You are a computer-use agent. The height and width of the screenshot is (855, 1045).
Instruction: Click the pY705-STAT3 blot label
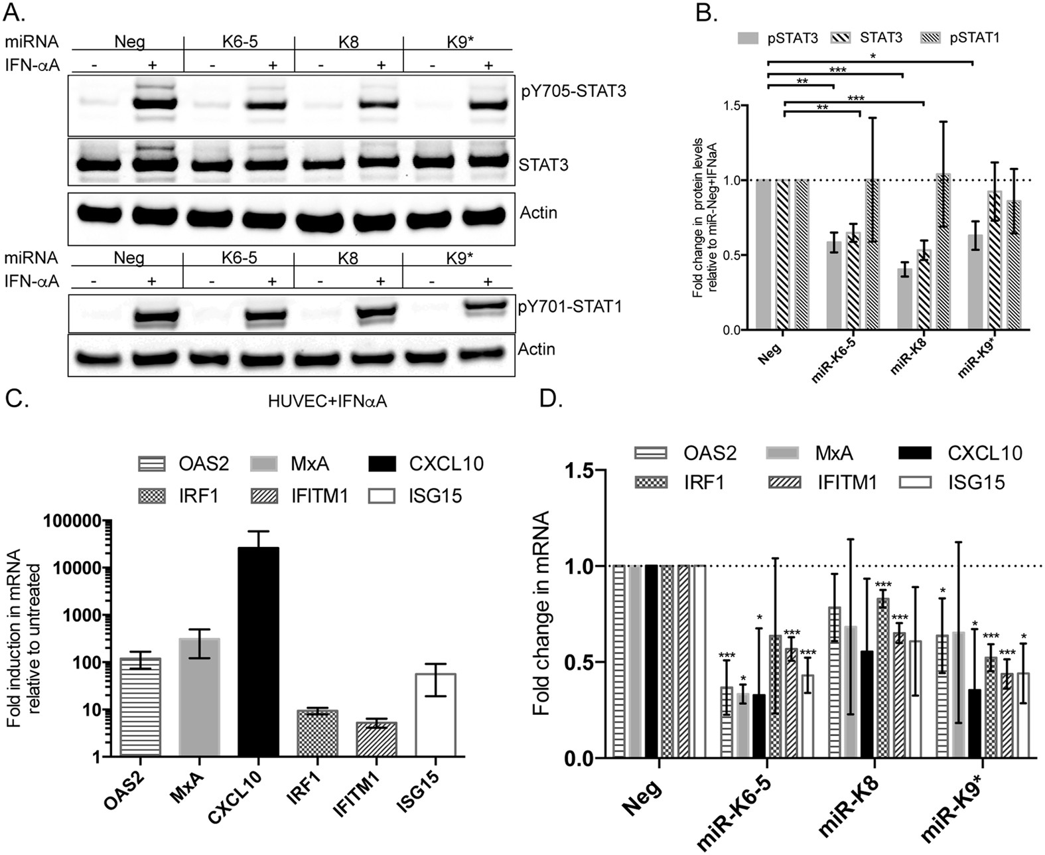573,91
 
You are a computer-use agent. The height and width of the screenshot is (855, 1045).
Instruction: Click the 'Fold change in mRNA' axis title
543,612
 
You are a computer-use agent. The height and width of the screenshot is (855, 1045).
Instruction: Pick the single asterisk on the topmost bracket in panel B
873,57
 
